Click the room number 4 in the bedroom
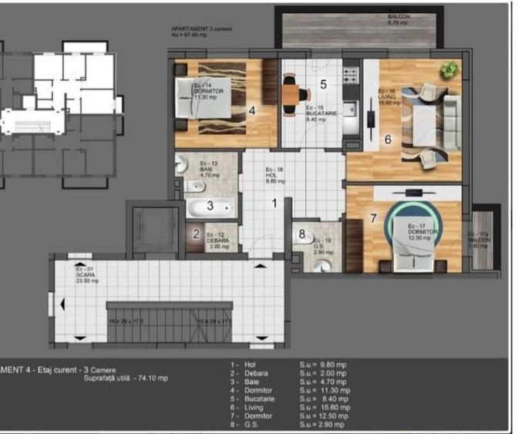click(x=252, y=109)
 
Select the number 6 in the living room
click(x=388, y=140)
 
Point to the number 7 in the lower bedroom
click(x=373, y=218)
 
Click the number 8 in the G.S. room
click(x=301, y=234)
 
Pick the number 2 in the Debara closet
click(x=197, y=234)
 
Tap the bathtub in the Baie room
click(x=209, y=207)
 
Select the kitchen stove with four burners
click(x=350, y=76)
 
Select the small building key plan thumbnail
click(x=60, y=116)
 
